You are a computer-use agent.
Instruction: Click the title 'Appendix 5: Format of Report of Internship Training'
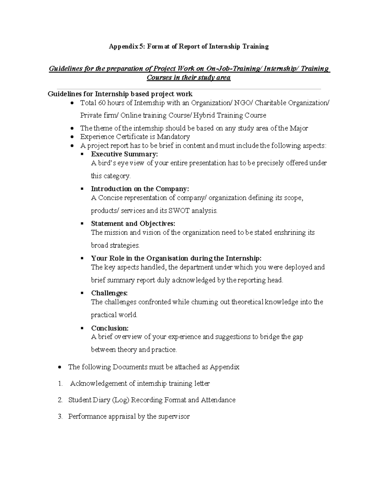(189, 47)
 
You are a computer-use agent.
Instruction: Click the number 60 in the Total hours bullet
(102, 103)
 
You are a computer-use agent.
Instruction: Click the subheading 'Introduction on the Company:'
(140, 189)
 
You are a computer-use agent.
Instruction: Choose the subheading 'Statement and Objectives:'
(133, 224)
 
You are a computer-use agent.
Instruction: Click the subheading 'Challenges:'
(109, 293)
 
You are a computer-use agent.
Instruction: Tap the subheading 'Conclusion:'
(110, 328)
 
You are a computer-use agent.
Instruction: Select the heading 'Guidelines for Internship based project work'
(120, 94)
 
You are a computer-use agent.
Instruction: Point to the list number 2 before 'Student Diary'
(60, 400)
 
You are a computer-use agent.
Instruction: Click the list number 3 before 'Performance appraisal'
(60, 416)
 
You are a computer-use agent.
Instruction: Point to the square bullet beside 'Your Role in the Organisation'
(82, 258)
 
